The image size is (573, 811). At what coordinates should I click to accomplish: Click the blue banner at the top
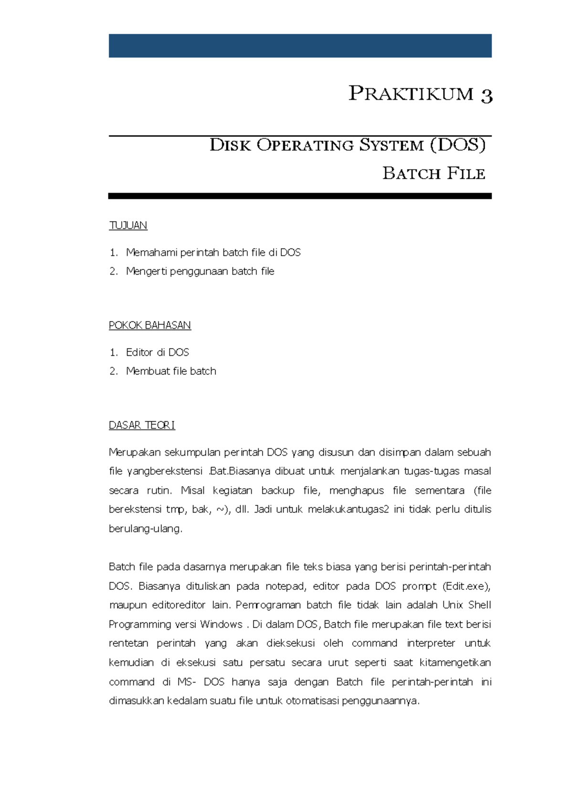tap(300, 46)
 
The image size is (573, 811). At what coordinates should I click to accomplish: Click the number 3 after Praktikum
tap(486, 95)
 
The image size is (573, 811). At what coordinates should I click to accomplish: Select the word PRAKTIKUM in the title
tap(411, 94)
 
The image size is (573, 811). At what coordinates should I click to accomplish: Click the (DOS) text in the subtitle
tap(457, 145)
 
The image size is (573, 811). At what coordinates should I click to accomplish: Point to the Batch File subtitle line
tap(434, 173)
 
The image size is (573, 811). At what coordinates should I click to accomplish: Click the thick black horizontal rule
tap(300, 196)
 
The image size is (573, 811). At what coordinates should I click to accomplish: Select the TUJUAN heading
tap(128, 225)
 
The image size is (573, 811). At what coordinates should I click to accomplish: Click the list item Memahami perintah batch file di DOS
tap(213, 253)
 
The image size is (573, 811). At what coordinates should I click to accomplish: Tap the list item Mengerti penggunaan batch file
tap(200, 271)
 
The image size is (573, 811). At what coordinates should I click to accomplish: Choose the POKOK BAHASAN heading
tap(150, 325)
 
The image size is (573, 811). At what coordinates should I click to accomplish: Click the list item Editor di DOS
tap(158, 352)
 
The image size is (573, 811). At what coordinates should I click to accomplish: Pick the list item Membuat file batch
tap(171, 371)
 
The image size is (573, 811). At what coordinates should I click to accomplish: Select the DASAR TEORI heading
tap(142, 425)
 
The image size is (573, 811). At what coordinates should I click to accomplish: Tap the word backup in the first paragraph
tap(277, 491)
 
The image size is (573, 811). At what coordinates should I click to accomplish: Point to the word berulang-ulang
tap(145, 529)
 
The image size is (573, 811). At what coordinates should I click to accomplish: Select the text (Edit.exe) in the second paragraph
tap(466, 586)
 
